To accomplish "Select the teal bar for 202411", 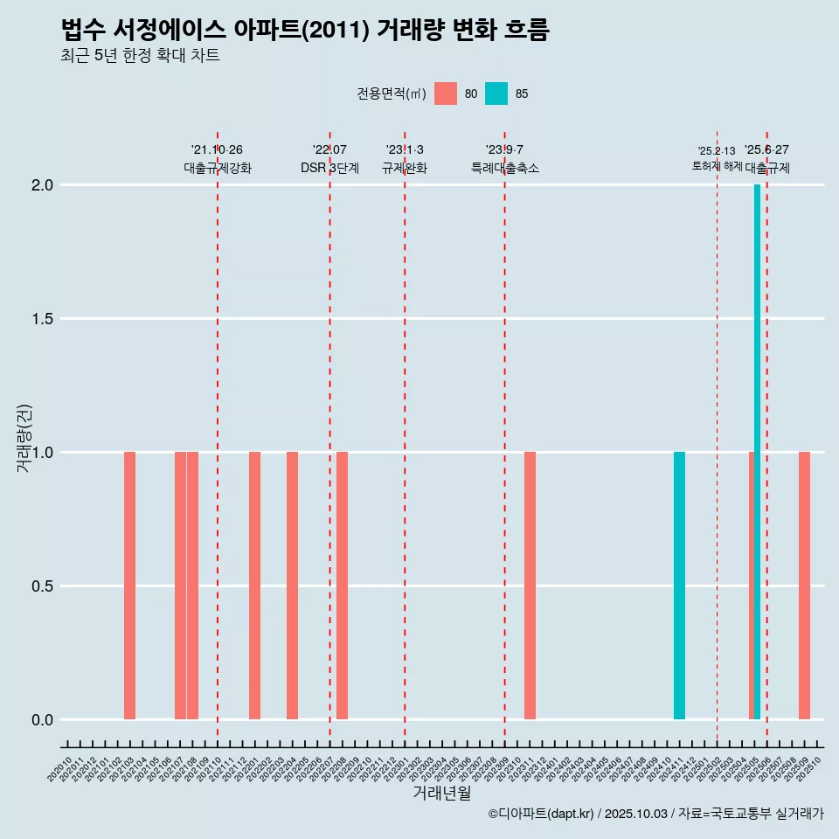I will (x=679, y=586).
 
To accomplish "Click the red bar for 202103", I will (x=129, y=586).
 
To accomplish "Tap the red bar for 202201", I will (x=254, y=586).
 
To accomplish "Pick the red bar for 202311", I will (x=530, y=586).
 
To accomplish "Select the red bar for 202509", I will (x=804, y=586).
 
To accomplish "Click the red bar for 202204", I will (x=292, y=586).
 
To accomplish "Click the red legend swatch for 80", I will (x=446, y=94).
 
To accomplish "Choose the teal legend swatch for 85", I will (x=496, y=94).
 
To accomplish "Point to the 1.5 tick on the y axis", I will (x=43, y=319).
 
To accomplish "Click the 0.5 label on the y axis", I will (x=43, y=586).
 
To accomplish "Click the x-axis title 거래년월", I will (x=441, y=794).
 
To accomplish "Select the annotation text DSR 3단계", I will (x=329, y=168).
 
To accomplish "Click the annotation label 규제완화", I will (x=405, y=168).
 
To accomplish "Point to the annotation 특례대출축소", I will (x=504, y=168).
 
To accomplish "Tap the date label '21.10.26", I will (x=217, y=149).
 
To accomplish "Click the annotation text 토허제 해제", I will (x=717, y=165).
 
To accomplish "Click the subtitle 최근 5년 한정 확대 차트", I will (x=140, y=56).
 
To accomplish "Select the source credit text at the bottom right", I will (x=655, y=814).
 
